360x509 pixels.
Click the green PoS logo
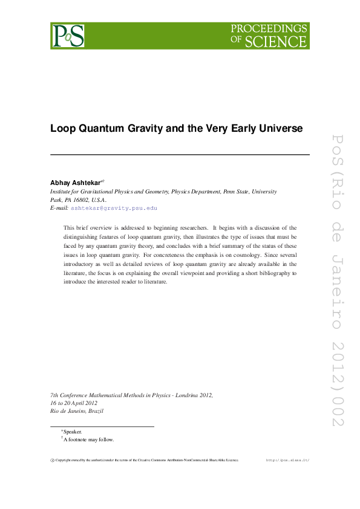67,36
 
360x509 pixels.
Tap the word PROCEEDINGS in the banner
269,29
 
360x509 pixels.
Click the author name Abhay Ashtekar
76,182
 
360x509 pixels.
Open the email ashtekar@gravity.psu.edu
114,208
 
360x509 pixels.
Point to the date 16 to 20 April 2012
74,403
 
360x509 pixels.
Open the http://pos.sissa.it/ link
288,460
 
